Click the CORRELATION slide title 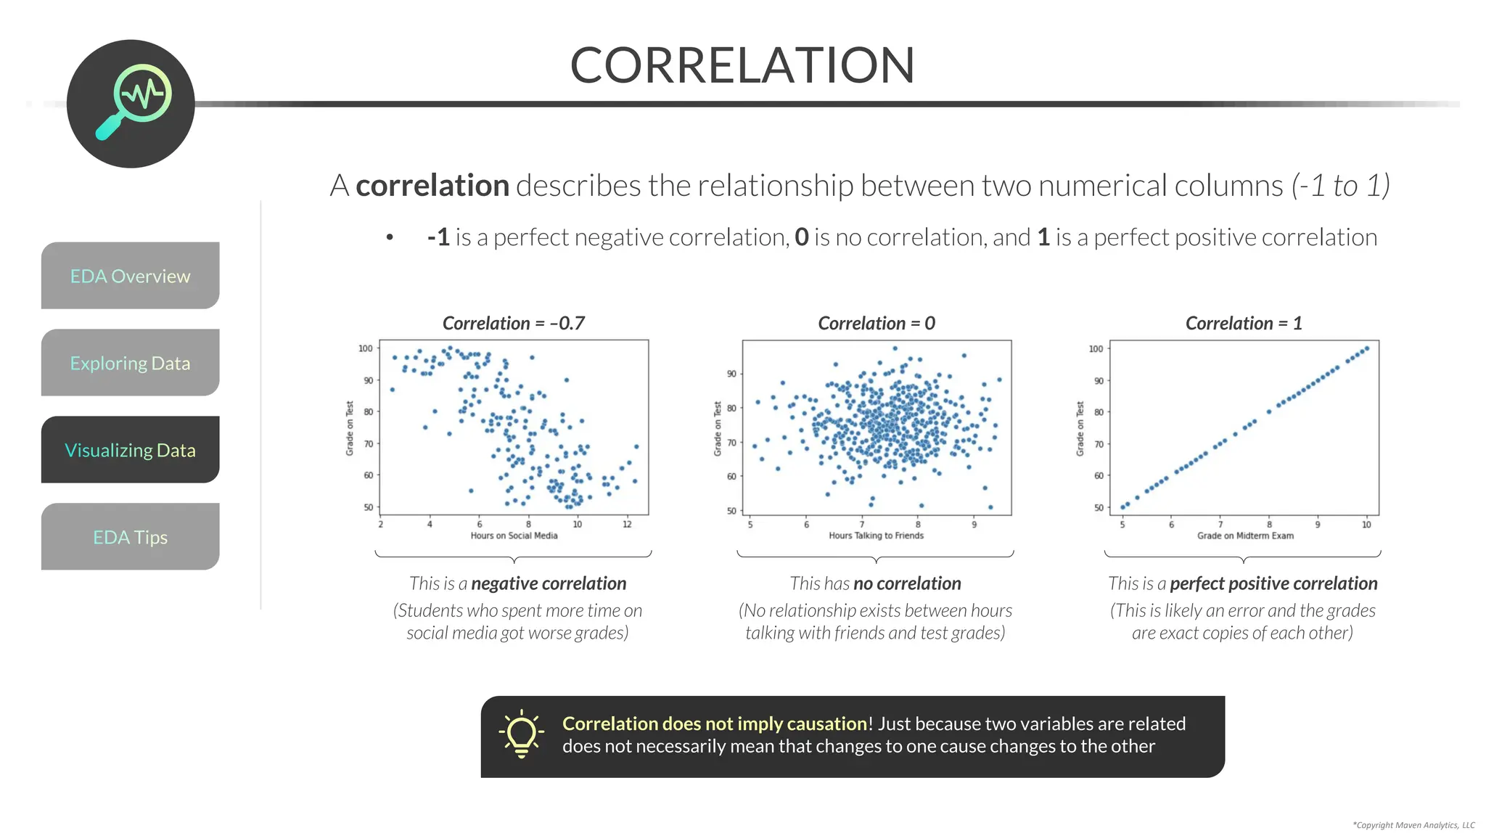(742, 65)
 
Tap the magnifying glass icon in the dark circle (134, 102)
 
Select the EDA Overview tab (130, 276)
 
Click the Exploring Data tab (130, 363)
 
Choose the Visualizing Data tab (130, 450)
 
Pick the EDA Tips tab (130, 537)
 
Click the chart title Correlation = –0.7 (513, 323)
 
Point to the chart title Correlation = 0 (876, 323)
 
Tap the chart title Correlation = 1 (1243, 323)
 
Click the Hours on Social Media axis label (514, 536)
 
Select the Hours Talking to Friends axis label (876, 536)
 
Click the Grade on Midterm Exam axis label (1244, 536)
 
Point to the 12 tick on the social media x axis (627, 524)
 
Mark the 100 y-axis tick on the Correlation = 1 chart (1096, 349)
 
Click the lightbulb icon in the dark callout (521, 734)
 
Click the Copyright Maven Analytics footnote (1413, 825)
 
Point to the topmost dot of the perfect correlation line (1367, 348)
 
